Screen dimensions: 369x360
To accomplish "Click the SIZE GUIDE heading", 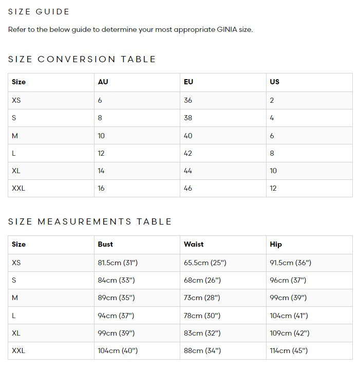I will pos(39,11).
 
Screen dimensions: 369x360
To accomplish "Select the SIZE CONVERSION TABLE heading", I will pos(82,59).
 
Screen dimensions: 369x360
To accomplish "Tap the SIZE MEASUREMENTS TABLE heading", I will pos(90,222).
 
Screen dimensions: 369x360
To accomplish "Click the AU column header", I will pos(103,82).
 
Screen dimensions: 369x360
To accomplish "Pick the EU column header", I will pos(188,82).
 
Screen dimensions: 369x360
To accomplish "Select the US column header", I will pos(274,82).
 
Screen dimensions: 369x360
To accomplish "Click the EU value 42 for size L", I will pos(188,153).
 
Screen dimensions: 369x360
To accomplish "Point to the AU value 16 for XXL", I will pos(101,188).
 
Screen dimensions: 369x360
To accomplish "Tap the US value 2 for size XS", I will pos(272,100).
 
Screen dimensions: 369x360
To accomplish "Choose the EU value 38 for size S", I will pos(188,118).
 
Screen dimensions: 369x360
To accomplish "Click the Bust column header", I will pos(105,244).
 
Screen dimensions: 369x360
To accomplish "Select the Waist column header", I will pos(194,244).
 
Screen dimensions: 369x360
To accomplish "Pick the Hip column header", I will pos(276,244).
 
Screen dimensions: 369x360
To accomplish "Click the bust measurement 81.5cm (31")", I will pos(118,263).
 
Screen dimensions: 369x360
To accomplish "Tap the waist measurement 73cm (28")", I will pos(202,298).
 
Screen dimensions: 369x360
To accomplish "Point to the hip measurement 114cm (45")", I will pos(289,350).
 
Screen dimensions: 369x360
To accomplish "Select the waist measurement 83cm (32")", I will pos(202,333).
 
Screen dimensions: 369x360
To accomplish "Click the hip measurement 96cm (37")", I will pos(288,280).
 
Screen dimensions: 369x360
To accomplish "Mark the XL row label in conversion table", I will pos(16,171).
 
